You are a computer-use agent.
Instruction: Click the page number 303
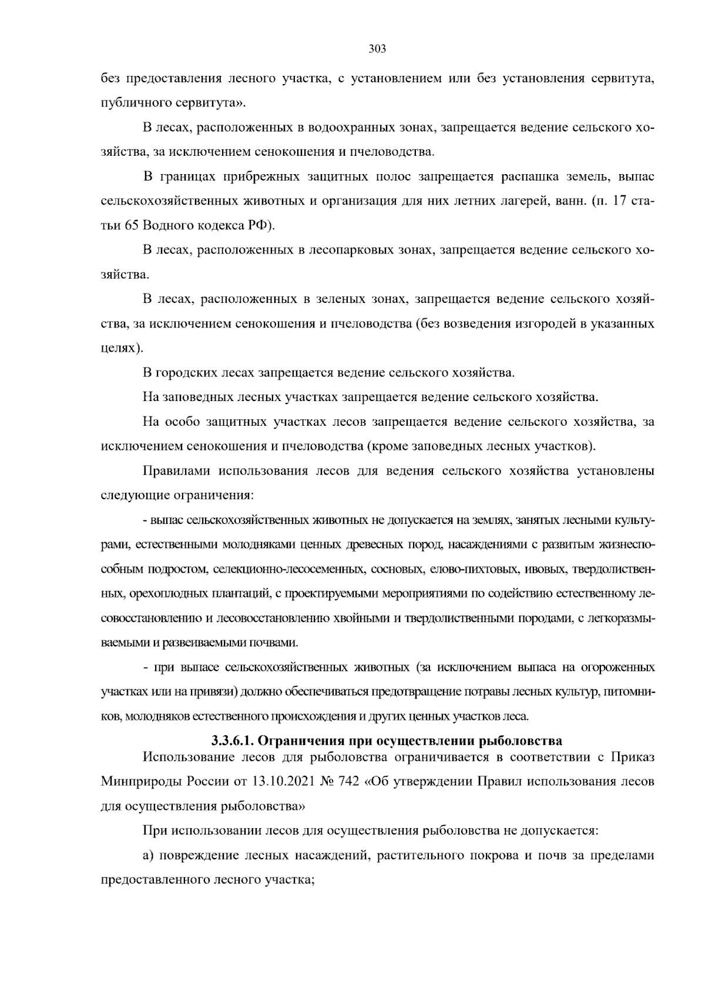377,49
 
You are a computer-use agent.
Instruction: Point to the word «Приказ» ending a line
634,757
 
